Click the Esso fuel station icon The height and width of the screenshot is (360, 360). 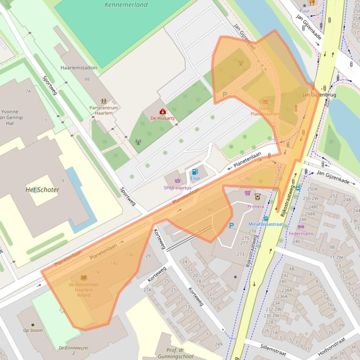pos(195,172)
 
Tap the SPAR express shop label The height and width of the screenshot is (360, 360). pos(177,187)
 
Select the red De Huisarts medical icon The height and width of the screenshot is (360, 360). pos(162,112)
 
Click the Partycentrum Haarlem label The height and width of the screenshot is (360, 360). pos(103,110)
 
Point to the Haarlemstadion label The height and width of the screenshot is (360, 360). pos(79,68)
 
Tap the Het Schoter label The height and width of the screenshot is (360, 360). pos(42,190)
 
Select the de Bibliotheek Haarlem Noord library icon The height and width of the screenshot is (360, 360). pos(84,278)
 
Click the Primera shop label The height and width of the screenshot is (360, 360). pos(255,206)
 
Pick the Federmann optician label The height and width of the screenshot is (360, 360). pos(301,233)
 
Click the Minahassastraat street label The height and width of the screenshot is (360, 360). pos(265,224)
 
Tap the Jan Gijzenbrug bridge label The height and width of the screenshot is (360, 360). pos(319,95)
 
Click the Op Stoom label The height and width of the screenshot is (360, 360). pos(33,330)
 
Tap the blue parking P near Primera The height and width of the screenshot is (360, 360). pos(231,226)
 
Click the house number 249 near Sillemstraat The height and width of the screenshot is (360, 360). pos(218,345)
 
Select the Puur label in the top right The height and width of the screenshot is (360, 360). pos(304,10)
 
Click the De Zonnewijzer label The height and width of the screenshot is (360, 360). pos(73,348)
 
